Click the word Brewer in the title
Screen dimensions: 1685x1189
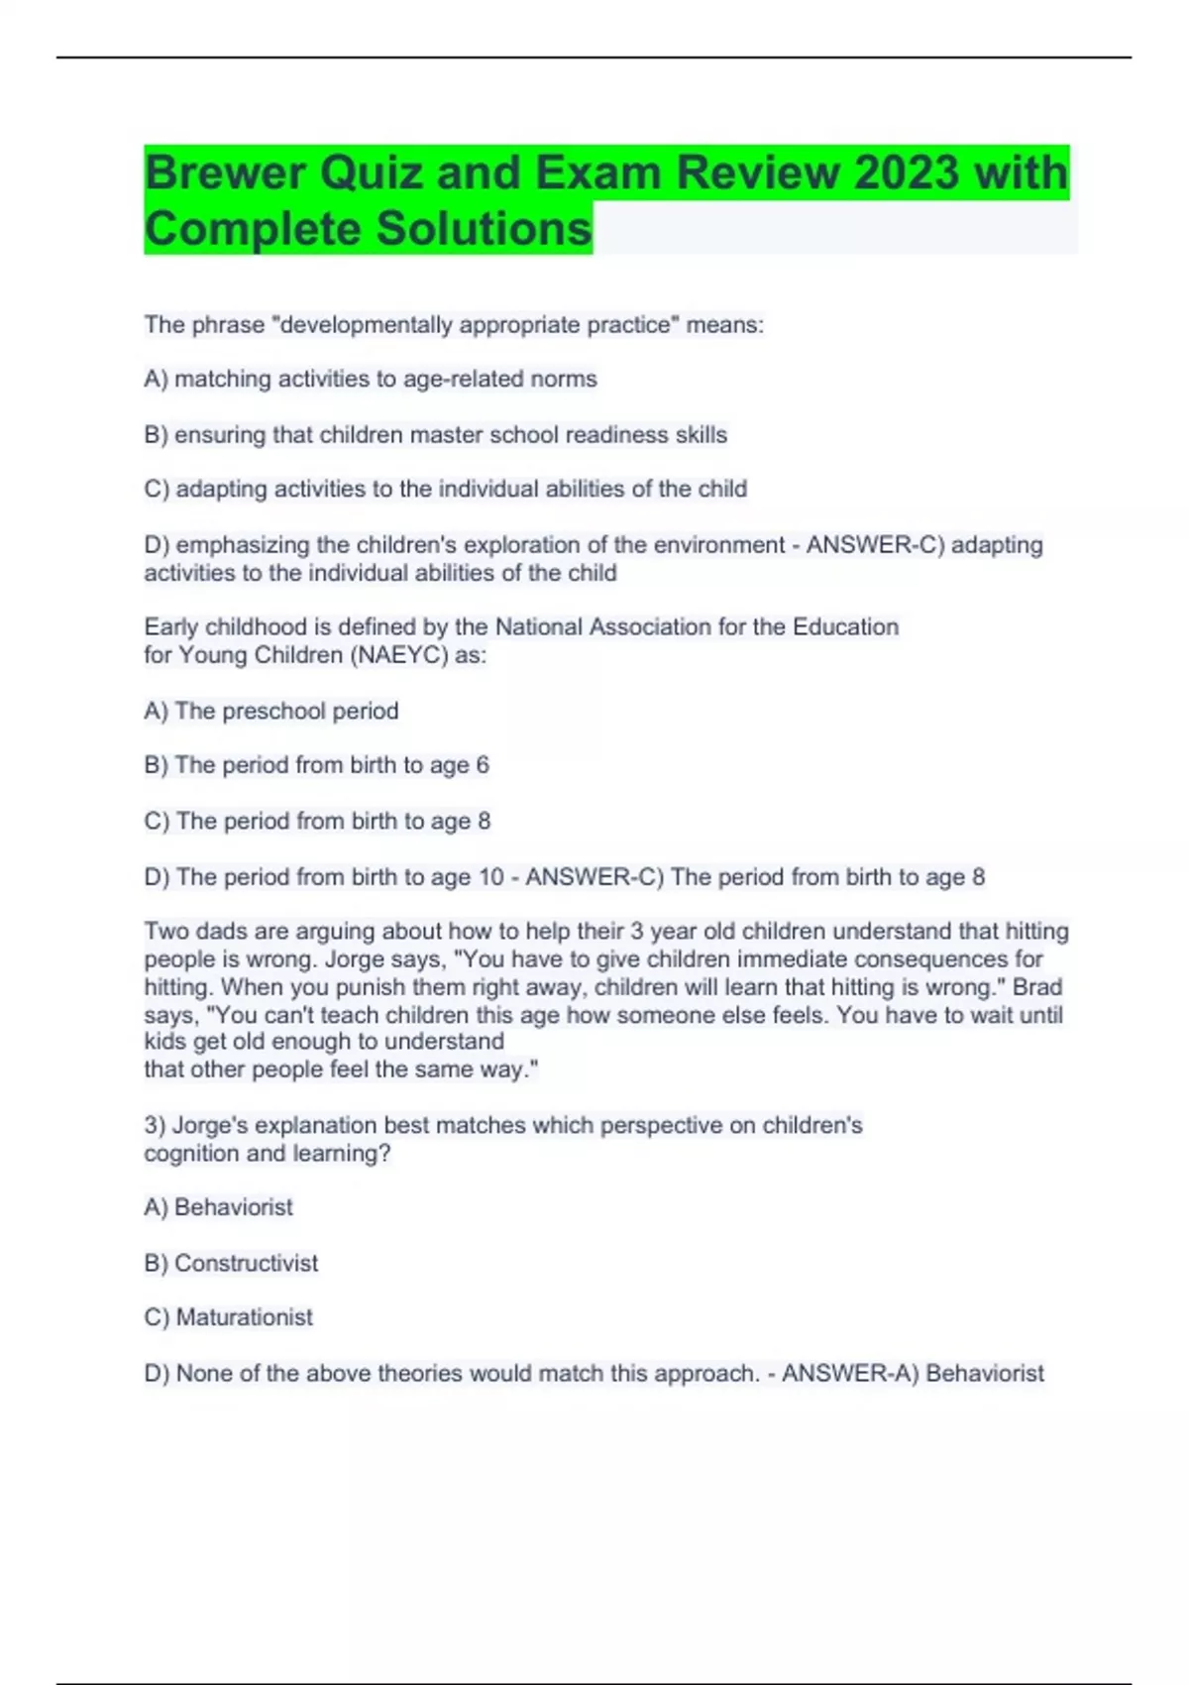pos(225,173)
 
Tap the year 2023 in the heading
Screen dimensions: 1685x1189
pos(907,173)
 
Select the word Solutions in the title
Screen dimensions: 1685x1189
pos(484,229)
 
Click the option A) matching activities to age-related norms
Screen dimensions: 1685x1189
pos(371,379)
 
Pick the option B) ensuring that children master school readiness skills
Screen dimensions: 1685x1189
pos(436,434)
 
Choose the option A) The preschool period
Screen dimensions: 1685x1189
pos(271,711)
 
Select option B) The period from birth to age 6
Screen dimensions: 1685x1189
pos(317,765)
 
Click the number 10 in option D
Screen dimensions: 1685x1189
pos(491,877)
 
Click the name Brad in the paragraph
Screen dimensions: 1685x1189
pos(1037,987)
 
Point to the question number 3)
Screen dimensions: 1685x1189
pos(155,1125)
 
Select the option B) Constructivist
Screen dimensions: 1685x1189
pos(231,1263)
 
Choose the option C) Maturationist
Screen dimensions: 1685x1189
pos(229,1317)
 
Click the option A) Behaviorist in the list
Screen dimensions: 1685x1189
pos(219,1207)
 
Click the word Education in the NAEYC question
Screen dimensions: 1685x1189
pos(845,626)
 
